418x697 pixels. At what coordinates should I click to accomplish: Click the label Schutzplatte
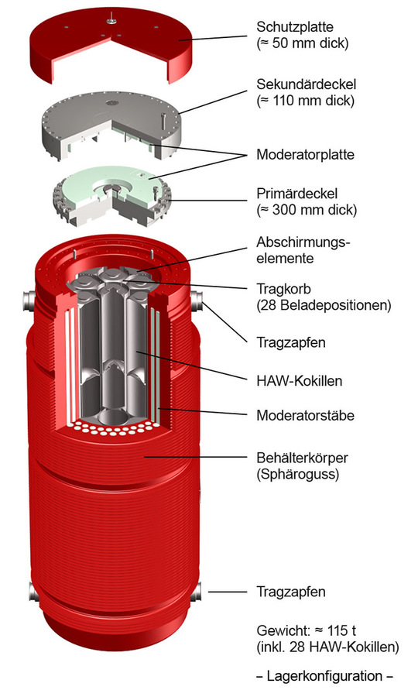pyautogui.click(x=294, y=26)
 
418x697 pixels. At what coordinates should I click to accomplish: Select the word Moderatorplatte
pyautogui.click(x=305, y=155)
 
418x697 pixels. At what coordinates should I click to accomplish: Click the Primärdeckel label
pyautogui.click(x=296, y=194)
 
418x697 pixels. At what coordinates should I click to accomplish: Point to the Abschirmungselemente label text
pyautogui.click(x=303, y=250)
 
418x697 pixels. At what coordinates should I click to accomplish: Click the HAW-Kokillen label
pyautogui.click(x=300, y=381)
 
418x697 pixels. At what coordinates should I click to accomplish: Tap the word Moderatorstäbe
pyautogui.click(x=305, y=416)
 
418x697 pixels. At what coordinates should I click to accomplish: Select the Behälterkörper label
pyautogui.click(x=302, y=458)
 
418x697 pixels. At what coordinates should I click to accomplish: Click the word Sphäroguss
pyautogui.click(x=297, y=474)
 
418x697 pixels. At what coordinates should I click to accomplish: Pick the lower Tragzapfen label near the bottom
pyautogui.click(x=291, y=592)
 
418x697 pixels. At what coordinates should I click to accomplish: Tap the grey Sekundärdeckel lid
pyautogui.click(x=111, y=122)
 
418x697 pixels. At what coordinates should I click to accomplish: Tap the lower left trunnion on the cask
pyautogui.click(x=33, y=592)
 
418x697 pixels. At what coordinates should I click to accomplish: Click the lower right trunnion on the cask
pyautogui.click(x=196, y=592)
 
